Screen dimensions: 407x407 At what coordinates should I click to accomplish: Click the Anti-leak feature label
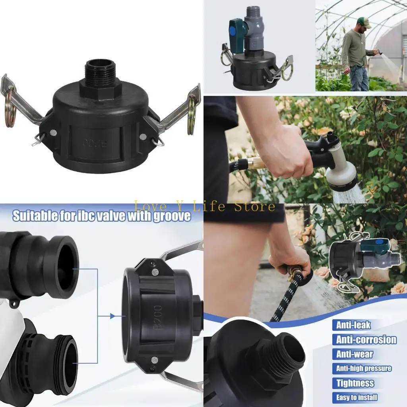353,325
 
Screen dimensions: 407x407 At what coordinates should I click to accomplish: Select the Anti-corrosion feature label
366,340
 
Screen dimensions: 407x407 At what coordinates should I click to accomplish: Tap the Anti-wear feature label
355,354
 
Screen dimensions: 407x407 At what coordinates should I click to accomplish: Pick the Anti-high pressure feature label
363,368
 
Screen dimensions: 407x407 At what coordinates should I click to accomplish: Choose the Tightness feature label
355,383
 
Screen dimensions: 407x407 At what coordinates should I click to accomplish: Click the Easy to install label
357,397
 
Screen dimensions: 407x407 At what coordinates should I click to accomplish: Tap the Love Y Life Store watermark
204,206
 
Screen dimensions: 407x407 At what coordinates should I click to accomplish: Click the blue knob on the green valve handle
233,30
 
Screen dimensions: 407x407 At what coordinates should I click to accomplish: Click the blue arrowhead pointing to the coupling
113,316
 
